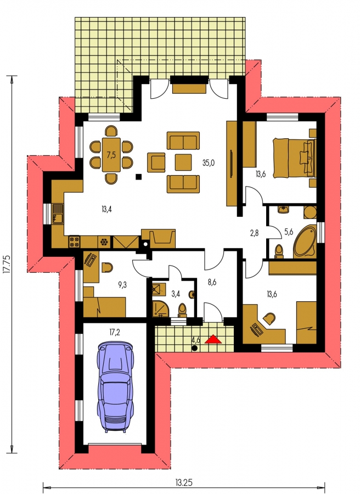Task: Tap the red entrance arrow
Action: click(x=213, y=339)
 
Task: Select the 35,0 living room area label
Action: click(x=209, y=163)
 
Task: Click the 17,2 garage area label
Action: click(x=115, y=332)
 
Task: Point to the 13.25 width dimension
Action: click(x=184, y=482)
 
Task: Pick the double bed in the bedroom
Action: click(x=294, y=158)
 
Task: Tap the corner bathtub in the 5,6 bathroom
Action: click(x=305, y=242)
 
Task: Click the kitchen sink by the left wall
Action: click(x=58, y=214)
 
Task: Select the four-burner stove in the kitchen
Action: click(x=74, y=242)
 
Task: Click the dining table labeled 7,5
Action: click(x=111, y=155)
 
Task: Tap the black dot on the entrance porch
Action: click(x=195, y=348)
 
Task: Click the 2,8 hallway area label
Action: click(x=254, y=233)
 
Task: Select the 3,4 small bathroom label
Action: click(x=176, y=294)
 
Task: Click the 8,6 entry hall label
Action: click(x=212, y=282)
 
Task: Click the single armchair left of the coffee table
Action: click(x=156, y=162)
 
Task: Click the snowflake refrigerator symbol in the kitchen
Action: click(x=103, y=242)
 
